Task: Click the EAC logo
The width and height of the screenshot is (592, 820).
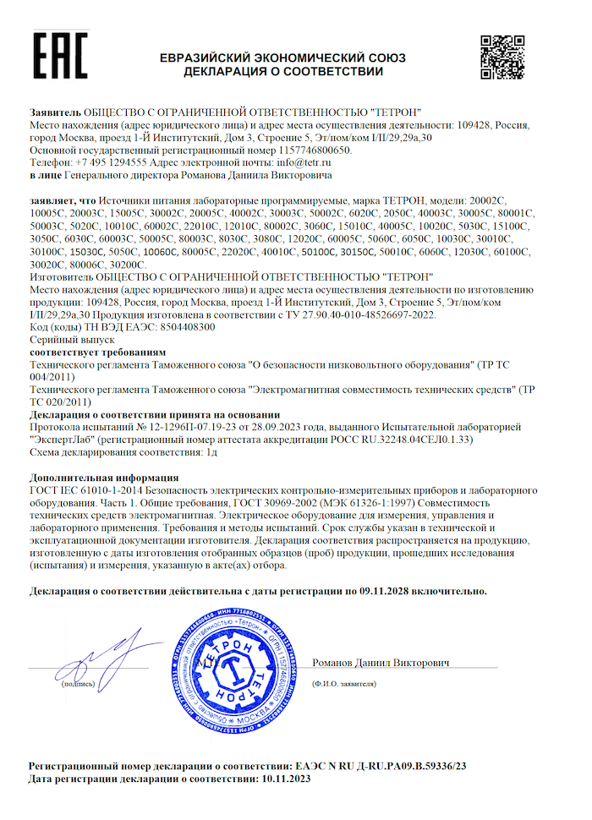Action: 58,57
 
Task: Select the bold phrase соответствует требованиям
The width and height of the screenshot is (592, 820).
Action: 97,351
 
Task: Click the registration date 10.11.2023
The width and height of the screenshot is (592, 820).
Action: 286,778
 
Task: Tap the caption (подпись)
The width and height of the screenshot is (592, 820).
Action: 78,684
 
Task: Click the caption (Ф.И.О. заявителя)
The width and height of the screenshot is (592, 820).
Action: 343,682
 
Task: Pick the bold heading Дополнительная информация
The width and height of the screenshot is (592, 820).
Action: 103,477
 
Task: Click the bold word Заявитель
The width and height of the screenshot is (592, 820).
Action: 56,112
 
